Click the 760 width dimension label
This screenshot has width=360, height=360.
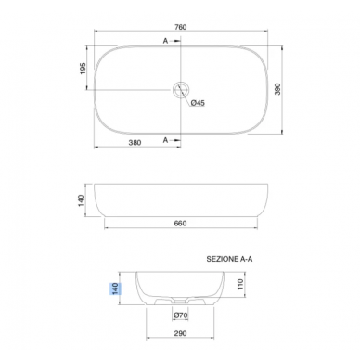coord(181,27)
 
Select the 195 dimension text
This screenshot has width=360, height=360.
coord(83,69)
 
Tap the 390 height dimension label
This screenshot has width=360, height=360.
coord(277,89)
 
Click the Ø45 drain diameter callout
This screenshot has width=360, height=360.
coord(198,103)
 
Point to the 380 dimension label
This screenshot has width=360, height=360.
coord(135,143)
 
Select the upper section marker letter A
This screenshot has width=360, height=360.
coord(165,41)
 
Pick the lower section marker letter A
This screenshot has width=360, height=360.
coord(165,140)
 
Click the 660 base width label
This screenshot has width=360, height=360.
coord(181,224)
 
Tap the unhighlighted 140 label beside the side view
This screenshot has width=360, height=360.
coord(81,200)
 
